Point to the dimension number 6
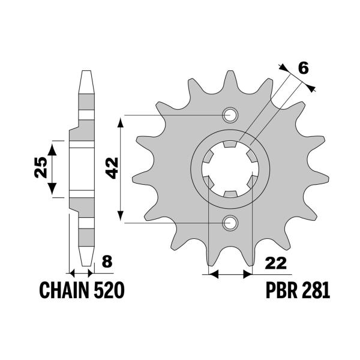click(x=303, y=68)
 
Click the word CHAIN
click(x=64, y=291)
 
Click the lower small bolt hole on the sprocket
click(x=230, y=223)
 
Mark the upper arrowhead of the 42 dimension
click(x=122, y=120)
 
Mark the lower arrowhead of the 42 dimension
click(x=122, y=218)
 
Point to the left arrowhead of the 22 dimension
click(x=211, y=275)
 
